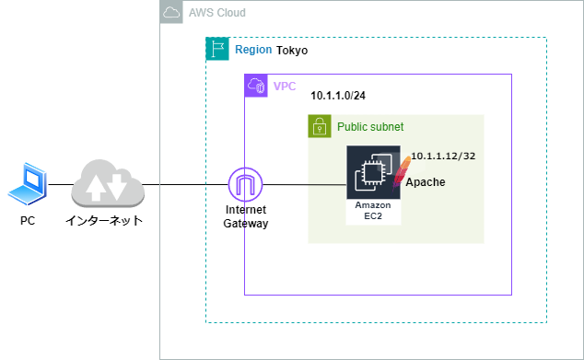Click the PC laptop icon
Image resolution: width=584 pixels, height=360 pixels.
[27, 183]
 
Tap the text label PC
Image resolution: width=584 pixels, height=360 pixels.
[28, 221]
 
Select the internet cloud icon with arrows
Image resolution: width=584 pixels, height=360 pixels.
[108, 183]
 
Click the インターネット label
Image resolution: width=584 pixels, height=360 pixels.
[104, 221]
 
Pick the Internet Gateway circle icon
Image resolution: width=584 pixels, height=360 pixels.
[245, 185]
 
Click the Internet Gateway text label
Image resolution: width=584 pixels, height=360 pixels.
[245, 216]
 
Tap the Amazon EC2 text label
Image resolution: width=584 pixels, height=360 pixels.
[373, 211]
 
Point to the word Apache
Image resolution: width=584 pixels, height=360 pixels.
[426, 182]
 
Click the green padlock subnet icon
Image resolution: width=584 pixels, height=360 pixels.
[319, 126]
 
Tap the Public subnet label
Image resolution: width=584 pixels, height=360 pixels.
[370, 127]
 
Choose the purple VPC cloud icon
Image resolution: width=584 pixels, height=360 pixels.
[255, 86]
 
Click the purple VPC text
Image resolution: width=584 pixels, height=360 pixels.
[285, 86]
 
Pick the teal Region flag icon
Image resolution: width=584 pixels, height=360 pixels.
[216, 49]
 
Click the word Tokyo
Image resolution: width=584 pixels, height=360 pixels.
[292, 50]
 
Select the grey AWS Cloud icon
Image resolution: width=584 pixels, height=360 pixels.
[170, 12]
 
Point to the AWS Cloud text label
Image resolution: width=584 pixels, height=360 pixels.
[216, 13]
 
